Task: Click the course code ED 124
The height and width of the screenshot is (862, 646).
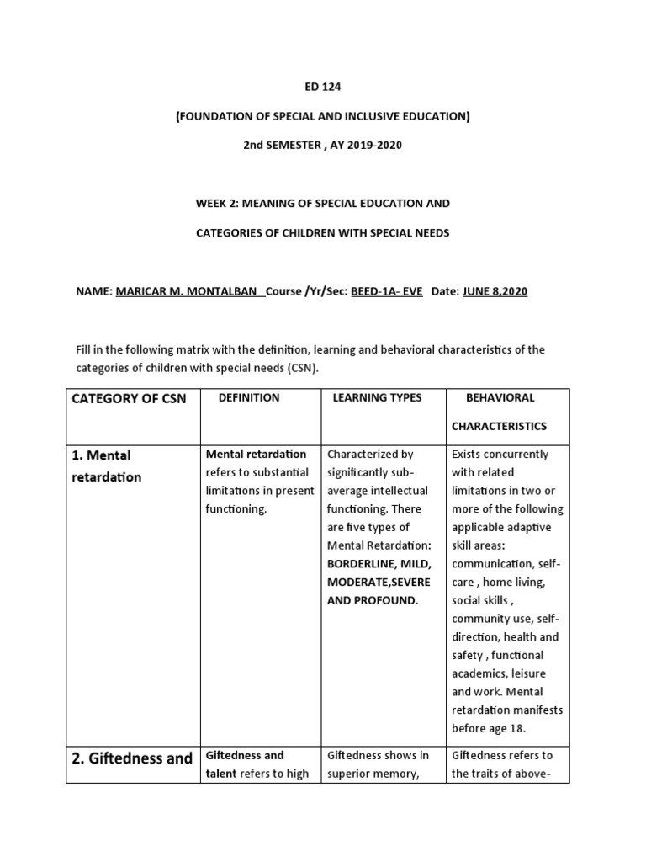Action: coord(322,87)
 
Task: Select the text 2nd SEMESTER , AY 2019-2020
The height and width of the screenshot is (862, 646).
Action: coord(322,146)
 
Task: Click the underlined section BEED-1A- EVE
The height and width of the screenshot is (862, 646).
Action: coord(387,291)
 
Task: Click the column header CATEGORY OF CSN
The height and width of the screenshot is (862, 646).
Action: coord(128,399)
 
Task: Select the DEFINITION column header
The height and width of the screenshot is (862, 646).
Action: coord(249,397)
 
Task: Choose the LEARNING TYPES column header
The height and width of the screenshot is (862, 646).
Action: coord(378,397)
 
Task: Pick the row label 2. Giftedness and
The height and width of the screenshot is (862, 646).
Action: coord(131,758)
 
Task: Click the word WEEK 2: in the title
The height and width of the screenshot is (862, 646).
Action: coord(214,204)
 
